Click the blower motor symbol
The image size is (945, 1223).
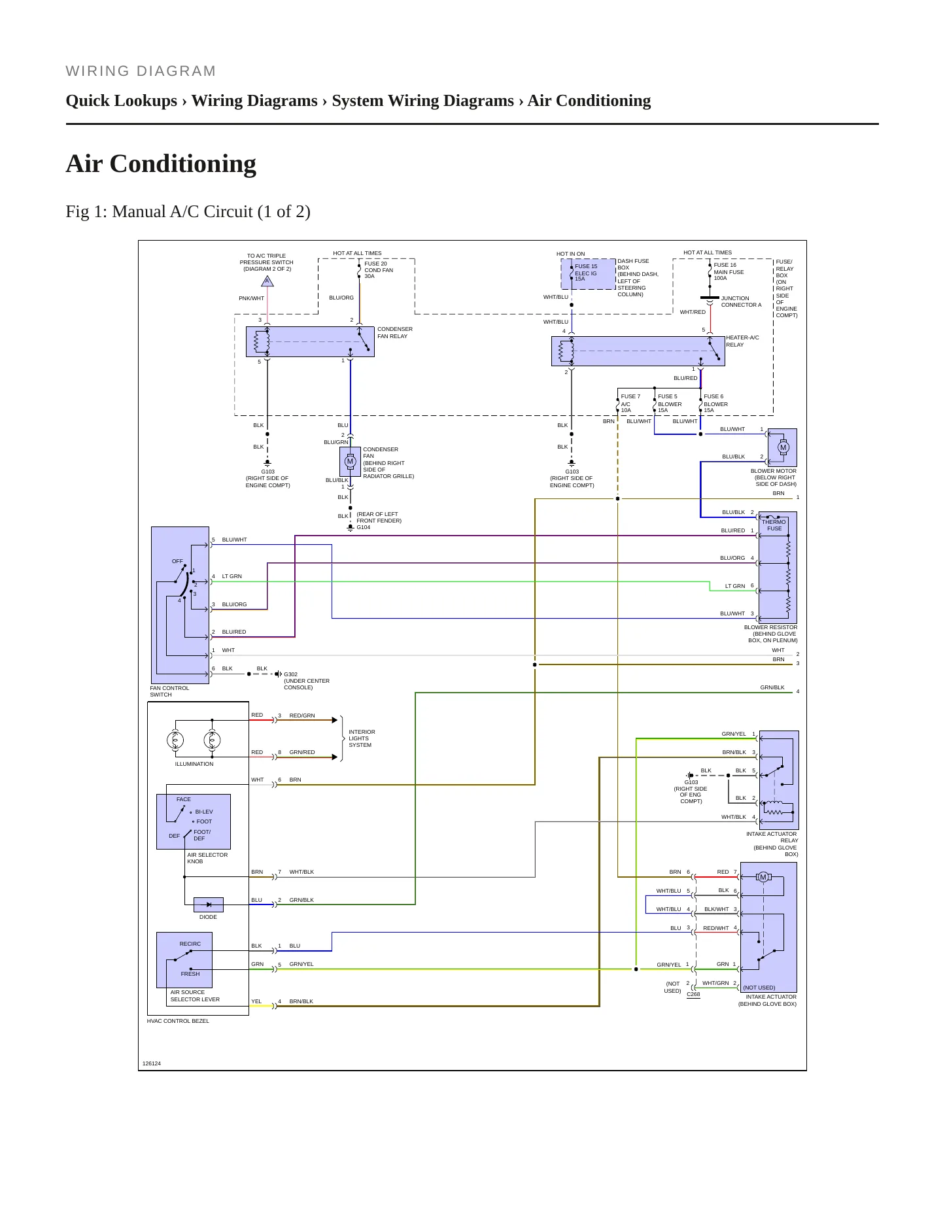783,448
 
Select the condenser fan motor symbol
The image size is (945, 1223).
350,462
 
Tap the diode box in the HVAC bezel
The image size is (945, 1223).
209,904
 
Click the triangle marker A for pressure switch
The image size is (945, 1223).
267,281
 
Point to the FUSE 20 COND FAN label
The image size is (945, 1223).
379,270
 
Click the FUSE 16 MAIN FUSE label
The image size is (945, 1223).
729,271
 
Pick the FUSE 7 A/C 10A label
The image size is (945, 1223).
630,404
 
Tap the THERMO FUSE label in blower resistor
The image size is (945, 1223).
774,525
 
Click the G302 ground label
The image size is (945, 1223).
290,674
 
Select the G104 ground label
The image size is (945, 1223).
364,527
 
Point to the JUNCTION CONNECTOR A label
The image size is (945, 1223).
742,301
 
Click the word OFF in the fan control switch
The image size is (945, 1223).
177,561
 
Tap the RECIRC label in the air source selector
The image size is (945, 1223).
190,944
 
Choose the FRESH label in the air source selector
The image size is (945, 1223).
190,974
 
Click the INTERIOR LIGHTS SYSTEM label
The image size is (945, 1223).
362,738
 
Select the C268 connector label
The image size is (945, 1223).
693,994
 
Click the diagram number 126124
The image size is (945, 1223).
152,1063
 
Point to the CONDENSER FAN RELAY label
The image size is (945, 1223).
395,333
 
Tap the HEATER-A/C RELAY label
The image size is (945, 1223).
742,341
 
